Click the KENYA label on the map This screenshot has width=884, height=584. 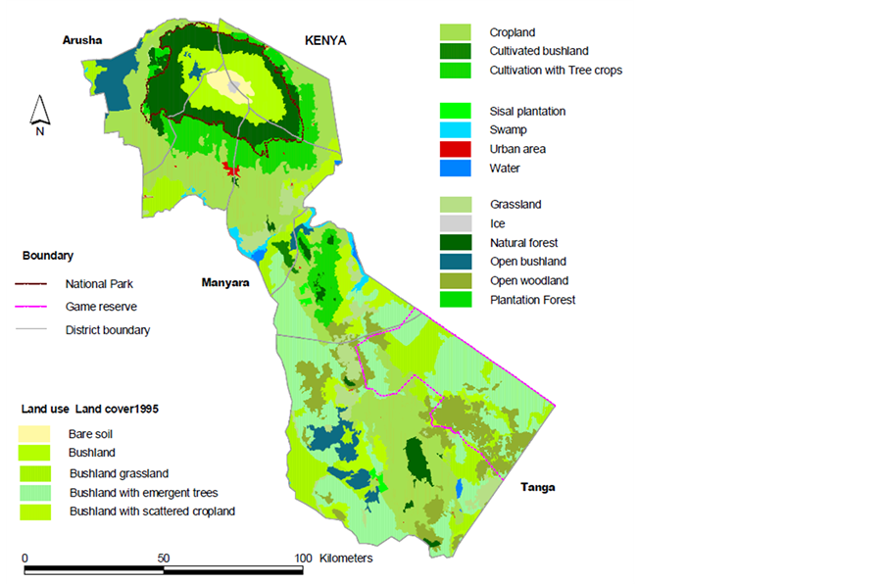325,40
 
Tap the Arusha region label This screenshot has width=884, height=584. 82,40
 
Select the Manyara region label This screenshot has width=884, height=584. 225,282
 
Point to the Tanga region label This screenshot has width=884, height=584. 537,487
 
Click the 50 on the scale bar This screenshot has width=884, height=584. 164,558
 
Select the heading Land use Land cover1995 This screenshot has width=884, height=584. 90,408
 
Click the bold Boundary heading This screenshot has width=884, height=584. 48,256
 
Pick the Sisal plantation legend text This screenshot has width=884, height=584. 527,112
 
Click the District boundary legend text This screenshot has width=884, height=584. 108,330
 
